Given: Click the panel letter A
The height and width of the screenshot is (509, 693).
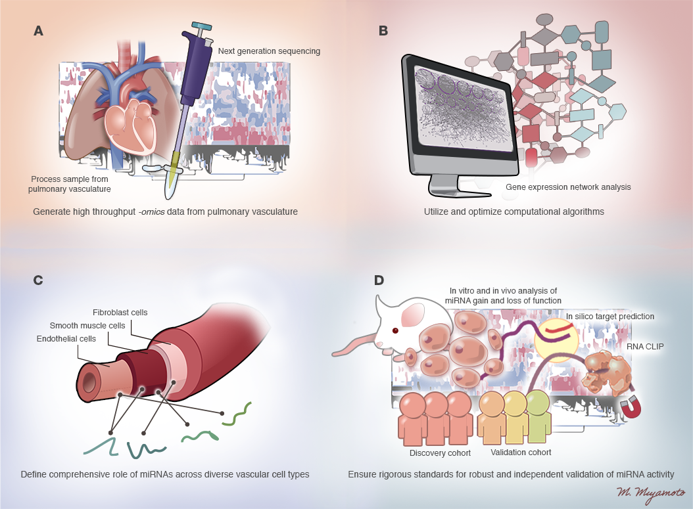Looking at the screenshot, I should [x=39, y=31].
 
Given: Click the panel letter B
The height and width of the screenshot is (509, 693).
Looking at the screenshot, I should [x=383, y=31].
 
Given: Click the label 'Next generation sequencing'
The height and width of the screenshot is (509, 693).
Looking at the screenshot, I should [x=268, y=51].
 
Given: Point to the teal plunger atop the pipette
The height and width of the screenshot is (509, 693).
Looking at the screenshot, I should [x=198, y=26].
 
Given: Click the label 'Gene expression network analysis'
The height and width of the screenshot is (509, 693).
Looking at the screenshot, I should [x=568, y=187].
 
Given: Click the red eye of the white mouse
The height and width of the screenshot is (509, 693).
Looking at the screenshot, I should [x=395, y=330].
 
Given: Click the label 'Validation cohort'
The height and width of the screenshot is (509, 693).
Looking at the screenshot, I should [x=521, y=452].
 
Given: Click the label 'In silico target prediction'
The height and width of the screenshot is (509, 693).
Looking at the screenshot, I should [x=610, y=316].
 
